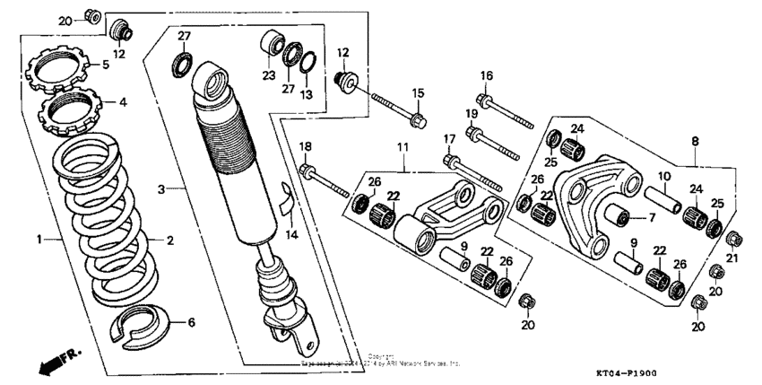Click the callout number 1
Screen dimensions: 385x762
(x=39, y=240)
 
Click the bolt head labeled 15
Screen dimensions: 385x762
(x=418, y=120)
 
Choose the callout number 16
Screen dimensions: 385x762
(x=487, y=75)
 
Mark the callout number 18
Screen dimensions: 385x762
(x=305, y=145)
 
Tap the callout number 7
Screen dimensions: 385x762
(x=652, y=216)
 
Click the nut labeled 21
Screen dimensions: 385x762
(x=732, y=238)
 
